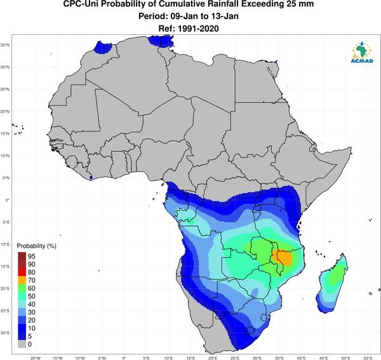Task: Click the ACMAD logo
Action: coord(362,52)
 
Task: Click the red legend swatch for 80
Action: coord(22,272)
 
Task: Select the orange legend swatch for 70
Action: coord(22,281)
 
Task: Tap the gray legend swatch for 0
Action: coord(22,344)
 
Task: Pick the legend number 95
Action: coord(32,257)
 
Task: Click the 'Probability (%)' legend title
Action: coord(36,246)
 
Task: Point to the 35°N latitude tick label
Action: coord(5,45)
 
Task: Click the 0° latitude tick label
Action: coord(8,200)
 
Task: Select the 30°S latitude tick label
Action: coord(5,333)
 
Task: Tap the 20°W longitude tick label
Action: coord(36,358)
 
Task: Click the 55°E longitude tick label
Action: coord(368,358)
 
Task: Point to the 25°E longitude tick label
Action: coord(235,358)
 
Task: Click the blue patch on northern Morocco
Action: coord(102,47)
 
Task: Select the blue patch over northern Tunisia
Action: coord(161,41)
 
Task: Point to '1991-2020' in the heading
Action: coord(198,29)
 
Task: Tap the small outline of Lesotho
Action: coord(249,331)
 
